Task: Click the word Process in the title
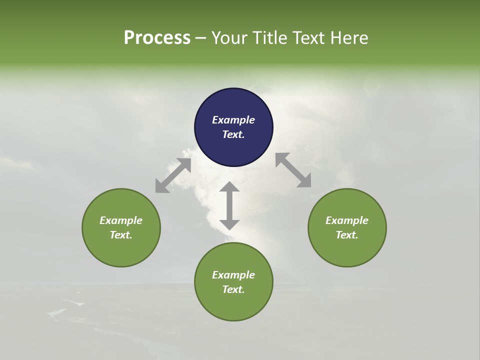tap(157, 38)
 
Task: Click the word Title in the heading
tap(269, 38)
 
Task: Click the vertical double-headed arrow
tap(229, 205)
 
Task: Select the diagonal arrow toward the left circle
tap(173, 175)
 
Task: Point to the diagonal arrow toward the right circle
tap(293, 170)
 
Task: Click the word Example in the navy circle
tap(233, 120)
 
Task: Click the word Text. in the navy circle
tap(233, 134)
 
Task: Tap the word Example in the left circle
tap(121, 220)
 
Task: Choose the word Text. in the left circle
tap(121, 235)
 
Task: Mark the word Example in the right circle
tap(347, 220)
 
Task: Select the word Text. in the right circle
tap(347, 235)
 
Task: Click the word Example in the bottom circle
tap(233, 275)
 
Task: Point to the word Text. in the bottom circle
tap(233, 289)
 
